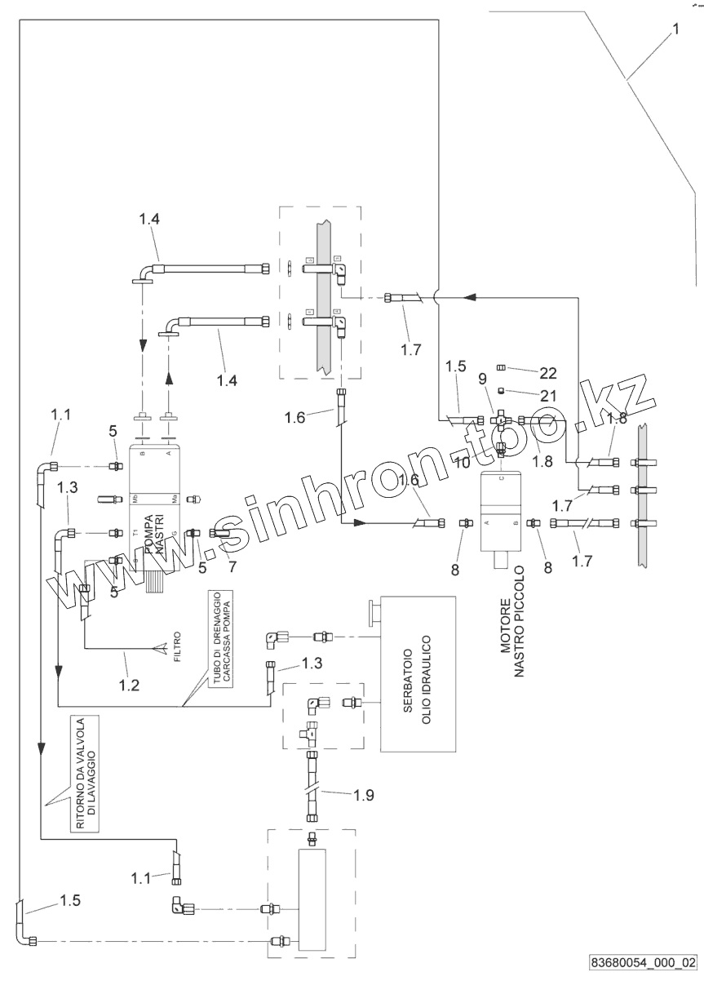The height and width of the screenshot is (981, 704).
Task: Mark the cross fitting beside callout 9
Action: (x=503, y=419)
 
